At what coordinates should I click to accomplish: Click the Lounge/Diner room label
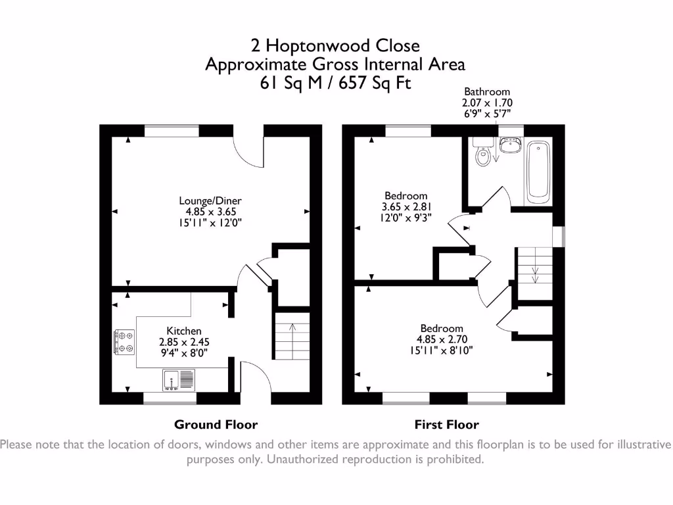[x=210, y=201]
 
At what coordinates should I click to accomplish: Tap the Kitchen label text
[x=184, y=331]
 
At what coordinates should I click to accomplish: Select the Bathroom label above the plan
[x=487, y=91]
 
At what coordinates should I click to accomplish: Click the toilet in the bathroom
[x=482, y=152]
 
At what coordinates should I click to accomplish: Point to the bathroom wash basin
[x=510, y=145]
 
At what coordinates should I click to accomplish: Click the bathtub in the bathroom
[x=538, y=172]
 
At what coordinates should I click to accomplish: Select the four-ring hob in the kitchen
[x=124, y=342]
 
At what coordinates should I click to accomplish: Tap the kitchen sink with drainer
[x=179, y=380]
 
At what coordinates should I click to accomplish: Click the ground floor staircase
[x=292, y=336]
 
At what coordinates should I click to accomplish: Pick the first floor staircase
[x=534, y=274]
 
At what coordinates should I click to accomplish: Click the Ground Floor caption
[x=216, y=425]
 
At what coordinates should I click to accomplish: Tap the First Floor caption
[x=446, y=425]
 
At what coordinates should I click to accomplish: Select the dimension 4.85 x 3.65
[x=210, y=212]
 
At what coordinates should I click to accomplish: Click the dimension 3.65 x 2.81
[x=406, y=206]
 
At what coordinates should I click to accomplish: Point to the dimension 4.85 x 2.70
[x=442, y=339]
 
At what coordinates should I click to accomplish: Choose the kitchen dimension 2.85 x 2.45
[x=184, y=342]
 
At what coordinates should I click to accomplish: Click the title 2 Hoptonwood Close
[x=335, y=45]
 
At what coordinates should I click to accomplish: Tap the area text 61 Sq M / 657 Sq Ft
[x=335, y=82]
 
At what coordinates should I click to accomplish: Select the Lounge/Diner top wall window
[x=172, y=131]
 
